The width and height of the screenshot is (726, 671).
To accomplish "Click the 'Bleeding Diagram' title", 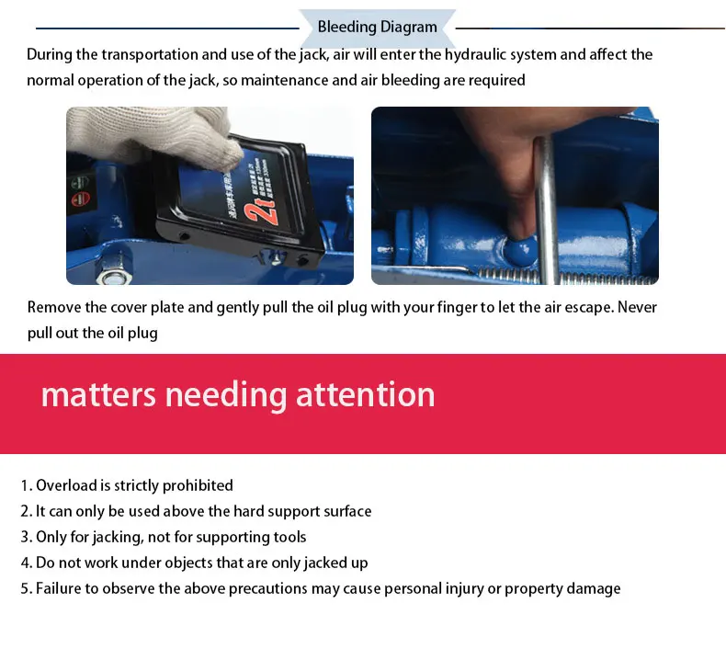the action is click(377, 27).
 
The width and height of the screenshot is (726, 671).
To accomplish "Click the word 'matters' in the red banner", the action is click(98, 394).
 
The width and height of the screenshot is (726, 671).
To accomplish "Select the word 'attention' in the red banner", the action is click(366, 394).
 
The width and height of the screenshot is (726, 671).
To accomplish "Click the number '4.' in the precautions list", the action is click(27, 563).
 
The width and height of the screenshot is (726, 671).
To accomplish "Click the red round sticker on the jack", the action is click(81, 199).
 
